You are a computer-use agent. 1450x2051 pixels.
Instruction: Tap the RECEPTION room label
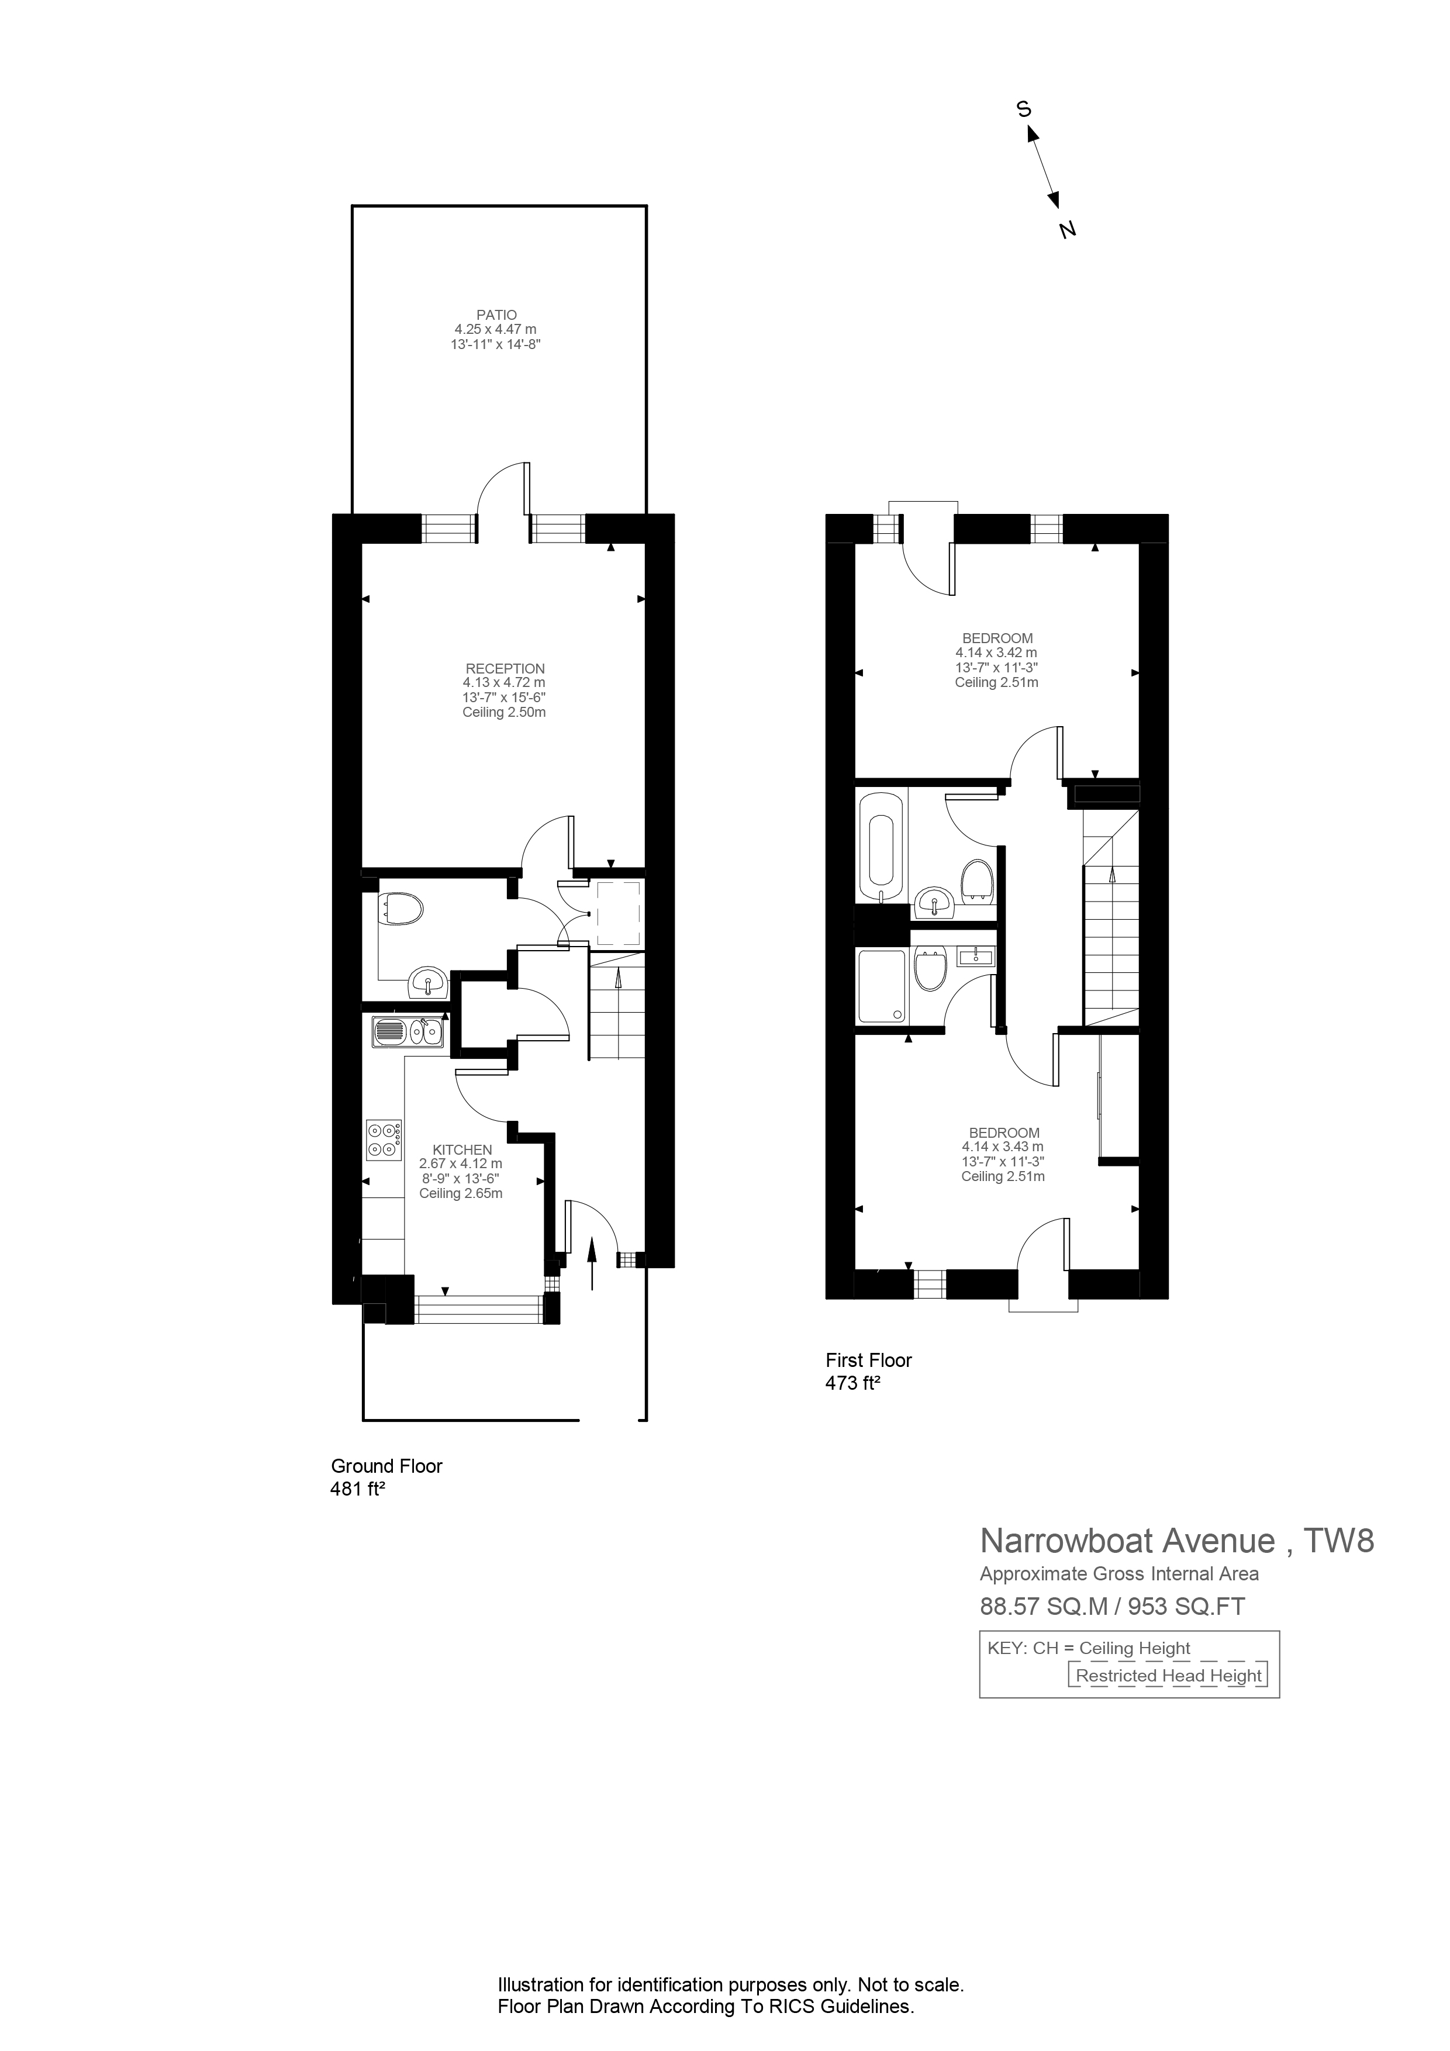coord(505,668)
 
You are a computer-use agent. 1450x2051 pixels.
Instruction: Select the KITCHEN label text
coord(462,1149)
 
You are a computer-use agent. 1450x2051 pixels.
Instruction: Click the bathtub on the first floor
coord(882,844)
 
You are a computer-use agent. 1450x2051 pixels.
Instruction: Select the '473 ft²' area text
coord(852,1384)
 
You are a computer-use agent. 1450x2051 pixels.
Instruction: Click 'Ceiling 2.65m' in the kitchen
coord(460,1193)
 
